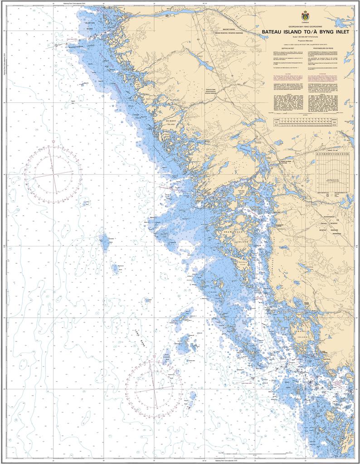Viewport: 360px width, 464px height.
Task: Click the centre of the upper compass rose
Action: [x=53, y=173]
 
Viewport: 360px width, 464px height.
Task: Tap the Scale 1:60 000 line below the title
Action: [x=302, y=36]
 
